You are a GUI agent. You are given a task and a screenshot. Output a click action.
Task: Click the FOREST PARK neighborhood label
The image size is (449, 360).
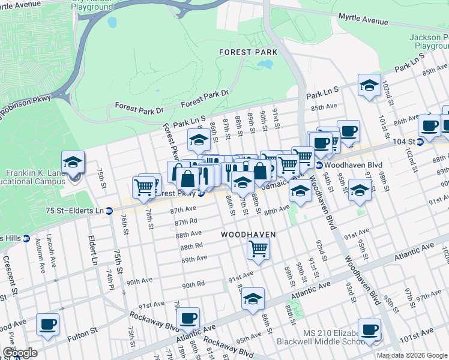(x=248, y=52)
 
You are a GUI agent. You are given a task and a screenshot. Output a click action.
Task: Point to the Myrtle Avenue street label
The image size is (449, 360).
(x=363, y=20)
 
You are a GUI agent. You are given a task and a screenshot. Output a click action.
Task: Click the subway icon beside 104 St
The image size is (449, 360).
(x=420, y=142)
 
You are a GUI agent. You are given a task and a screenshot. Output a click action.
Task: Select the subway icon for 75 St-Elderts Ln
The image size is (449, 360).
(x=109, y=211)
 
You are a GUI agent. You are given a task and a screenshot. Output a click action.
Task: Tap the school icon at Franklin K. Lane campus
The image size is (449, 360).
(x=73, y=162)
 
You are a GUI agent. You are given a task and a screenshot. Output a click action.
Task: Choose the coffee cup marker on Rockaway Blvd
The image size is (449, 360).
(x=188, y=317)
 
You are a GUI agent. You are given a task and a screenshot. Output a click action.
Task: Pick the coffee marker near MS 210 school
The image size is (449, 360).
(x=369, y=329)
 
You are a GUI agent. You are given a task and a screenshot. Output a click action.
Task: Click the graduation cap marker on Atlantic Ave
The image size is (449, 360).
(x=253, y=298)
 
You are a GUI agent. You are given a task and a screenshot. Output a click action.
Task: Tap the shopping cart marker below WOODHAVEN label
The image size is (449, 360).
(x=258, y=247)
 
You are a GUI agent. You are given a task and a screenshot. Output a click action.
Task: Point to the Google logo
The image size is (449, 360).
(x=19, y=353)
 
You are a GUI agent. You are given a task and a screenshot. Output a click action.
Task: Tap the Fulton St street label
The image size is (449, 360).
(x=85, y=331)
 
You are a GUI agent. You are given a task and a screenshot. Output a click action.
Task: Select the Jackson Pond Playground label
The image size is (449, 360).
(x=429, y=41)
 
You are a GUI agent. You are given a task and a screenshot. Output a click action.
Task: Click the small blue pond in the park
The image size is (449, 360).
(x=112, y=23)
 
